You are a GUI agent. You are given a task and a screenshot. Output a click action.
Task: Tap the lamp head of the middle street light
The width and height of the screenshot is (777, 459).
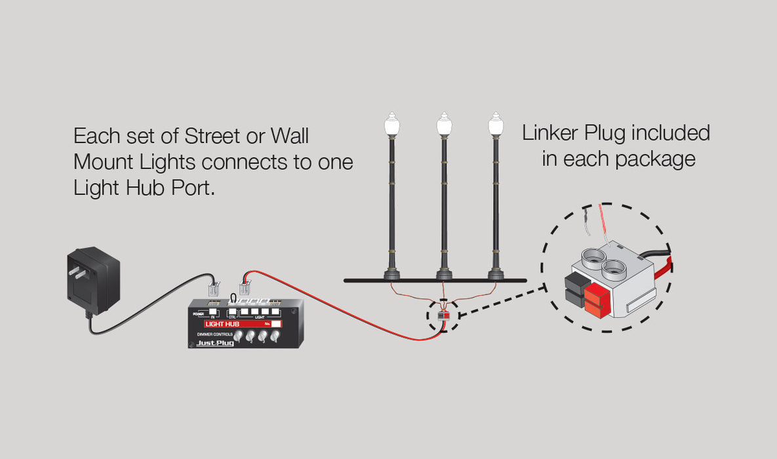point(444,125)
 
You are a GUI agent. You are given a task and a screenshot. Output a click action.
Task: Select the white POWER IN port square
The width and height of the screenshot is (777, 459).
point(214,312)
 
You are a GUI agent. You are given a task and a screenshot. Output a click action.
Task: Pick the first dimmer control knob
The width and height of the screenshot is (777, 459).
point(238,336)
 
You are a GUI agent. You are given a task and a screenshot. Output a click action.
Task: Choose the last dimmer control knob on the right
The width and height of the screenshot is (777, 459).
point(274,336)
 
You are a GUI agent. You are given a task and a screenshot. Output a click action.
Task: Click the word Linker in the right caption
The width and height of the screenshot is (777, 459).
point(549,133)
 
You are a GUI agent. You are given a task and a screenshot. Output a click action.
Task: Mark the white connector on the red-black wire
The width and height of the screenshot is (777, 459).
point(245,287)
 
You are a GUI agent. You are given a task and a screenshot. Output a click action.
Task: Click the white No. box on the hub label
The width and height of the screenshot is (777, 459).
point(276,323)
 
